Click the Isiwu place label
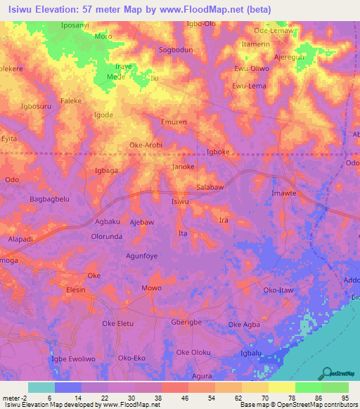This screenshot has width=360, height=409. point(181,202)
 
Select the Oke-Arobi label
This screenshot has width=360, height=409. point(146,145)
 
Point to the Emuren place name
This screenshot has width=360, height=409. point(174,122)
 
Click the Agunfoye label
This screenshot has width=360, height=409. point(141,256)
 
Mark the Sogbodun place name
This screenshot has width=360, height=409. point(176,50)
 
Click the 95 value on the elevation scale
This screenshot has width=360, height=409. point(345,398)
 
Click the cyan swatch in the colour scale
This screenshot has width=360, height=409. point(41,387)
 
